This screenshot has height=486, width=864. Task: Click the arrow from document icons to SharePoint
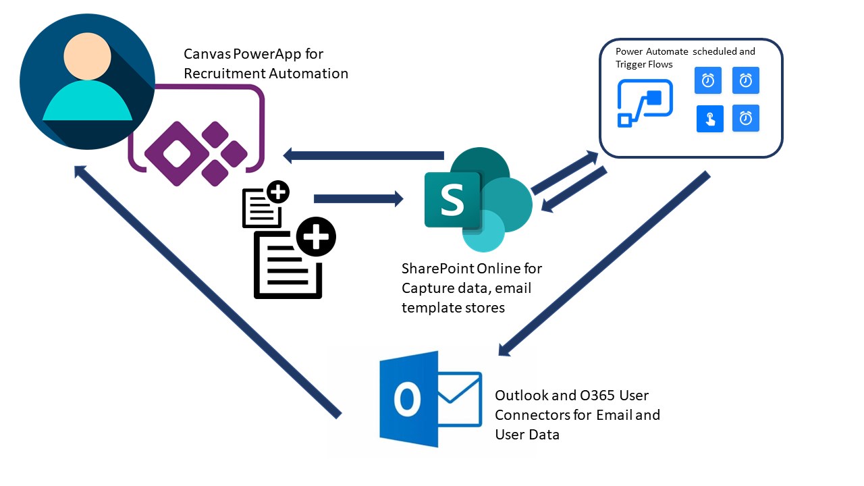tap(358, 198)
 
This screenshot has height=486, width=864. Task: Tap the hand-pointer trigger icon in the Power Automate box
tap(709, 119)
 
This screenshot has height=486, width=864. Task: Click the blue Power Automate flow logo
tap(645, 103)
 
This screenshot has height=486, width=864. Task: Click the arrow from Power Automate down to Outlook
tap(603, 264)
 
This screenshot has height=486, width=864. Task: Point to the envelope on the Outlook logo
tap(459, 398)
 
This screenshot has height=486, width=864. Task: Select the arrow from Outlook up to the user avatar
tap(207, 291)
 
